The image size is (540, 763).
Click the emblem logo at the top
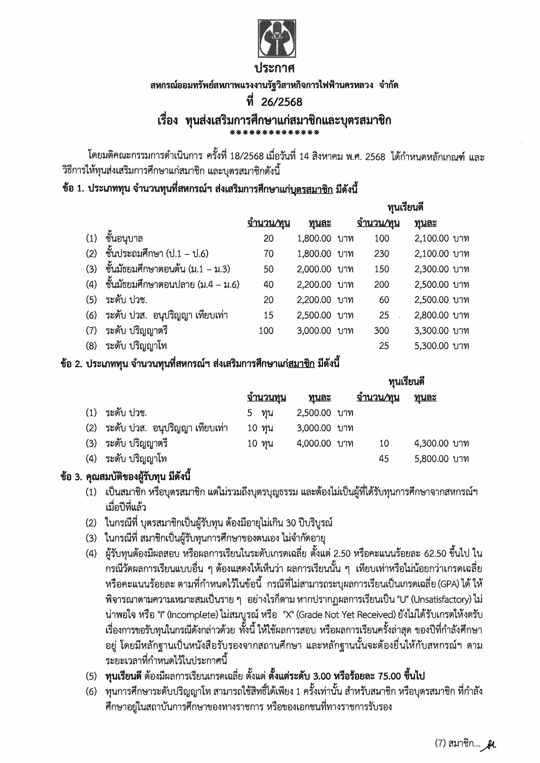tap(276, 38)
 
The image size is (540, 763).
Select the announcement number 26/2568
tap(282, 102)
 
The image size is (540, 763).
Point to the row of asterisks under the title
tap(274, 133)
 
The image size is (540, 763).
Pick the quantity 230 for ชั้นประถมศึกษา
tap(381, 254)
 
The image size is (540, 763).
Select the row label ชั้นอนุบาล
tap(124, 238)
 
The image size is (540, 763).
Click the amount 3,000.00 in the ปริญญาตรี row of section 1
tap(314, 330)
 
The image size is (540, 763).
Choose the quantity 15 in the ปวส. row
tap(268, 315)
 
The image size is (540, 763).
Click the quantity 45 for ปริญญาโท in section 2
tap(384, 459)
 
